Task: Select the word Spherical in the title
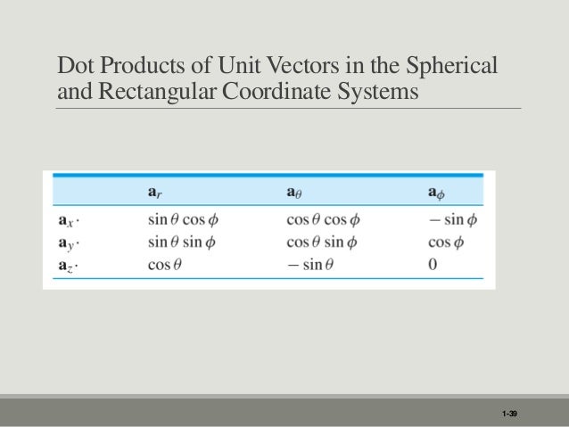[x=454, y=67]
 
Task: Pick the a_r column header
[x=154, y=193]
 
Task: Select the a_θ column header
[x=296, y=193]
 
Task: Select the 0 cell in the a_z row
[x=433, y=264]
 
